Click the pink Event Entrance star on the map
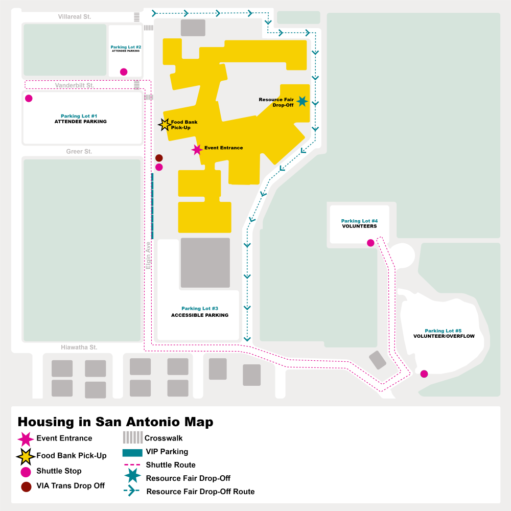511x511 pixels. point(197,149)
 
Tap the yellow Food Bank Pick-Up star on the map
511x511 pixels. point(165,124)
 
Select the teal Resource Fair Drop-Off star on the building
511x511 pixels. point(302,101)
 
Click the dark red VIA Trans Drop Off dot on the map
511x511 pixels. point(159,158)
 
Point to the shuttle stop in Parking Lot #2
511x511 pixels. point(124,72)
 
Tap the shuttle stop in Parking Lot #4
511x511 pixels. point(370,243)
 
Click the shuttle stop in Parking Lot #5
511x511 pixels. point(424,374)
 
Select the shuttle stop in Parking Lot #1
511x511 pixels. point(29,98)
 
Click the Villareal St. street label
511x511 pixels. point(74,17)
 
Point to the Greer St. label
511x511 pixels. point(79,152)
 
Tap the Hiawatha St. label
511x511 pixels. point(79,347)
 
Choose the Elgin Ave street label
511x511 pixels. point(149,255)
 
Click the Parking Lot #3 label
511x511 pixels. point(200,309)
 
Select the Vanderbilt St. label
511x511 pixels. point(74,86)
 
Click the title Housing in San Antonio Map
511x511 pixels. point(115,422)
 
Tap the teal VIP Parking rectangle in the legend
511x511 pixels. point(132,452)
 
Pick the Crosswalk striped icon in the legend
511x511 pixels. point(132,438)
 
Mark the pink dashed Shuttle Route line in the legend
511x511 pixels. point(132,465)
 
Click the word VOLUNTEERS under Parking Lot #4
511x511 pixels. point(359,226)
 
